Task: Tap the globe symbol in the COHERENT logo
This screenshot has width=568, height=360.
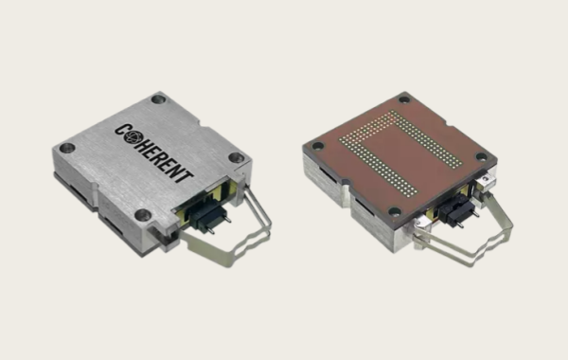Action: coord(132,137)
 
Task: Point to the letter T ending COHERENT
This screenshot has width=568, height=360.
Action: coord(184,175)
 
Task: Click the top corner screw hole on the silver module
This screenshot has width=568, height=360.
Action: coord(158,99)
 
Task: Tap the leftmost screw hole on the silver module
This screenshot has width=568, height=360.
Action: coord(67,148)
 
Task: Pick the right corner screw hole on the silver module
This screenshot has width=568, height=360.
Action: coord(236,157)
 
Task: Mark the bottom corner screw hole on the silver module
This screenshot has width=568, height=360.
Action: coord(143,215)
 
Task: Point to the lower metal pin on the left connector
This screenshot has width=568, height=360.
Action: coord(210,229)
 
